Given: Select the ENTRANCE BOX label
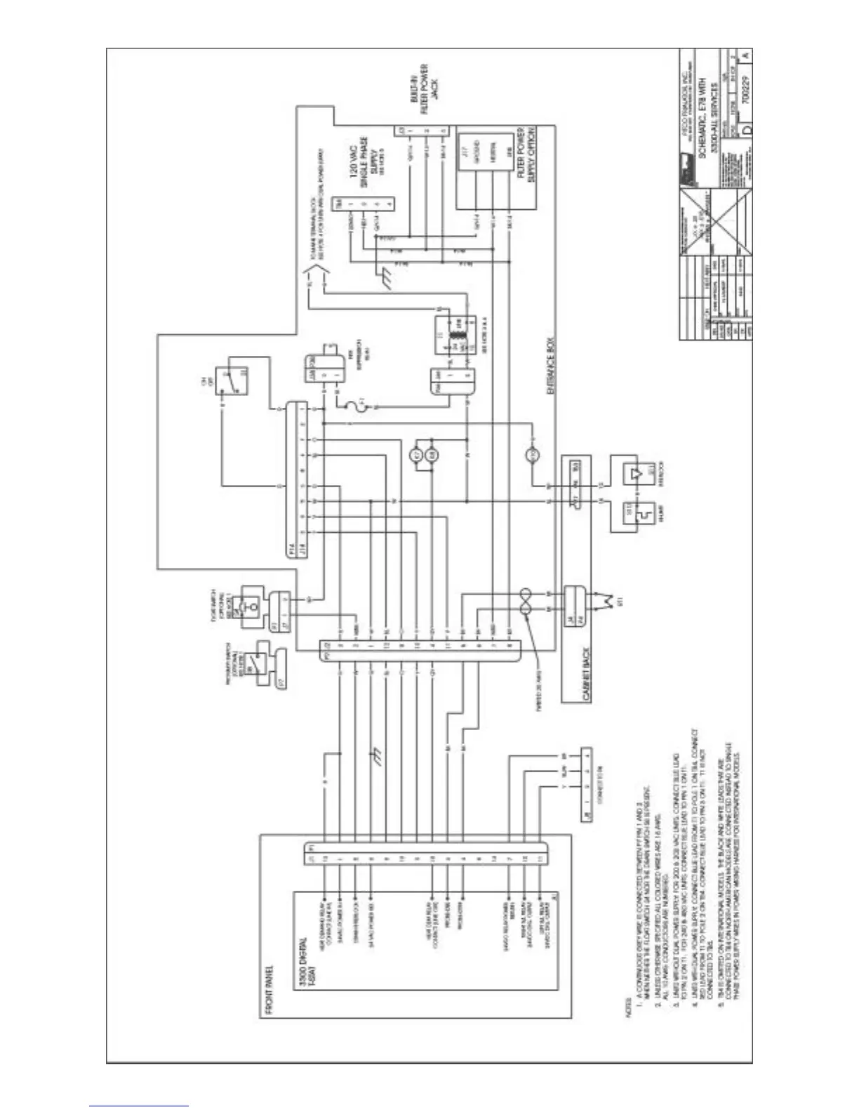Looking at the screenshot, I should [x=551, y=365].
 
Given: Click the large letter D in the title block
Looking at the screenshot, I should [x=747, y=131].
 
